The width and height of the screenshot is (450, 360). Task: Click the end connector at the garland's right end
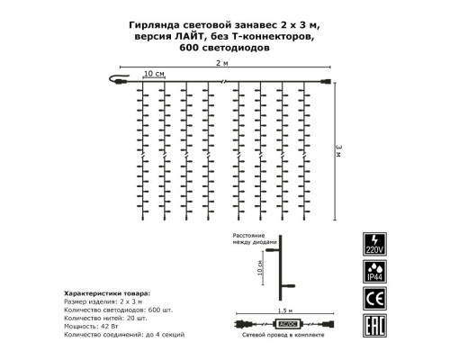click(x=326, y=85)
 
